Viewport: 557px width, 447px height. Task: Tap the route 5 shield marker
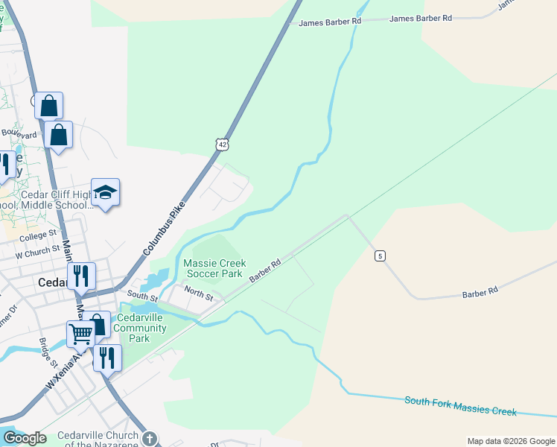coord(380,256)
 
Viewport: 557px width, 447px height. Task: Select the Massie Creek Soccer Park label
coord(214,268)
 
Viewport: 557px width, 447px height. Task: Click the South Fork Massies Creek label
coord(460,406)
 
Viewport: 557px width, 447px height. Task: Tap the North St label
coord(199,294)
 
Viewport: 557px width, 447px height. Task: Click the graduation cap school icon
coord(105,192)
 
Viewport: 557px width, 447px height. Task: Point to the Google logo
coord(25,438)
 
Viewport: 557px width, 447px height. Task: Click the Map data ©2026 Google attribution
coord(510,441)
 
